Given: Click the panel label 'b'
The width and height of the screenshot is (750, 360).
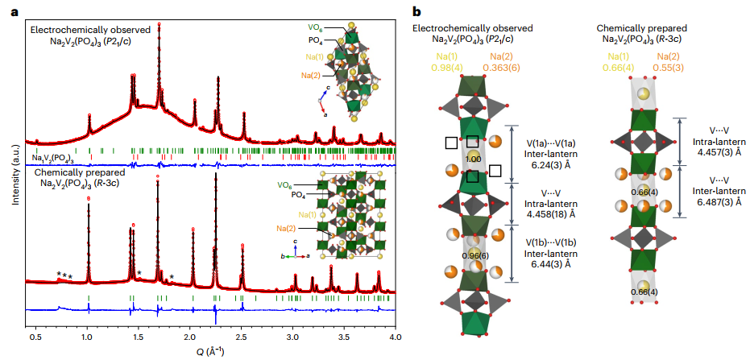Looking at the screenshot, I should click(x=416, y=12).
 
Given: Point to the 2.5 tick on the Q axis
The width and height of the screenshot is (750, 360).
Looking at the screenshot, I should click(x=244, y=330).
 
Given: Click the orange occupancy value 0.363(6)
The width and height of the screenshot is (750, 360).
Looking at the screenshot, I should click(x=507, y=68).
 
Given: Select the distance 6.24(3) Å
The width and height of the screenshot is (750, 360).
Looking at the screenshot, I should click(x=552, y=163).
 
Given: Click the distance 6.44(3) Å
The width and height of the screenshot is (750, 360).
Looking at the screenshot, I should click(x=552, y=263).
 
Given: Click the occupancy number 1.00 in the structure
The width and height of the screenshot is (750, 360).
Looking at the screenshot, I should click(x=474, y=160).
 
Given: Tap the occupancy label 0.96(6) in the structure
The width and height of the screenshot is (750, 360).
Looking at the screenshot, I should click(x=474, y=255).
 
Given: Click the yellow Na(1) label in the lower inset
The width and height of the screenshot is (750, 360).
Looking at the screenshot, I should click(x=305, y=214).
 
